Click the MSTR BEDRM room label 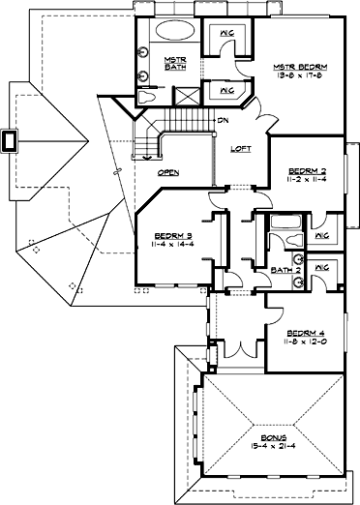300,67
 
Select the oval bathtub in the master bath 175,28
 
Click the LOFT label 241,149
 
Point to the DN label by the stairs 224,121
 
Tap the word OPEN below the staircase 170,171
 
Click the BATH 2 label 282,270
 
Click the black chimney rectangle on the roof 12,140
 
